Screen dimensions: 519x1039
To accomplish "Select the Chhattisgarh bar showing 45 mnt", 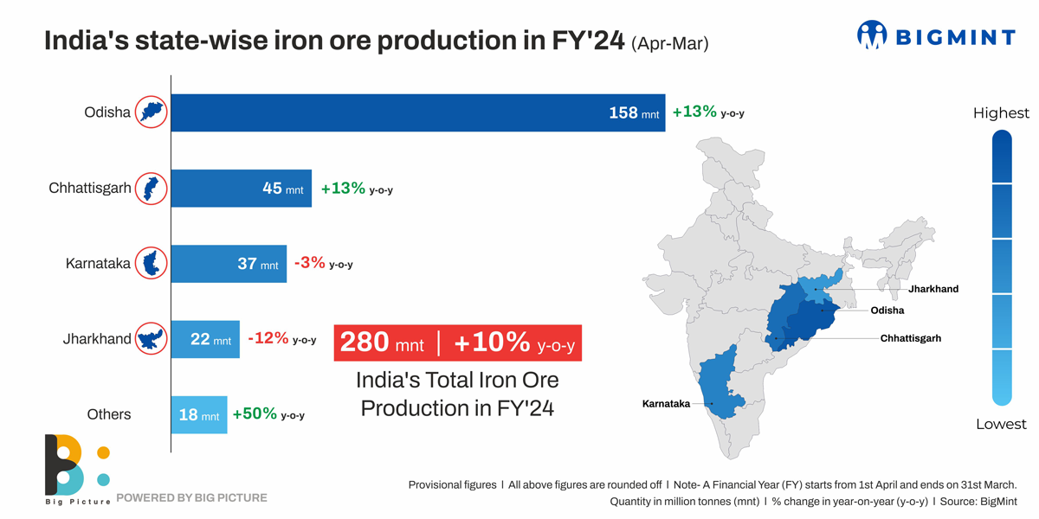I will [241, 188].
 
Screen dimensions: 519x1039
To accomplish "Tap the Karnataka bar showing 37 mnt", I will [229, 264].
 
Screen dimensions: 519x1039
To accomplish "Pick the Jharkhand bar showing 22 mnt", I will [204, 339].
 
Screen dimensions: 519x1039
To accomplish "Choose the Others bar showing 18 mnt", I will [198, 415].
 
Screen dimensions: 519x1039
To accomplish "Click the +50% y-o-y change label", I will [268, 415].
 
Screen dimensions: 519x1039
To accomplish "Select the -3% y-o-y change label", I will [323, 264].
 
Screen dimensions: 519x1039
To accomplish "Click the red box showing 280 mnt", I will [457, 343].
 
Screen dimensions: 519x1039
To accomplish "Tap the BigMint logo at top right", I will [935, 35].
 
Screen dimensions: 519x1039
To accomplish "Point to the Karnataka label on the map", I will [666, 404].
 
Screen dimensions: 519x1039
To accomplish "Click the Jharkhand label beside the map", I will [933, 289].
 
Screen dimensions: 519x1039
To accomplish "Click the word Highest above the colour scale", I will [1001, 113].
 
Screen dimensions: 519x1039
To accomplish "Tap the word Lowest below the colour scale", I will [1001, 424].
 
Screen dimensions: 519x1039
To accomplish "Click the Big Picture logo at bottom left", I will [76, 467].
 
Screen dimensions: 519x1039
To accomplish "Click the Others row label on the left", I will [109, 415].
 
